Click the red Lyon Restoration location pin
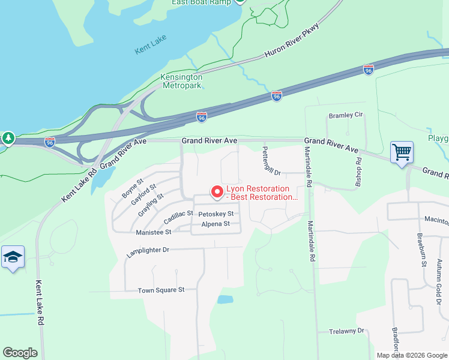tap(217, 192)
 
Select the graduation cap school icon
tap(13, 257)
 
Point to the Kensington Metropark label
tap(181, 81)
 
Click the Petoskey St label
tap(215, 214)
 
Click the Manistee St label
tap(154, 232)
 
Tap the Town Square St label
tap(161, 290)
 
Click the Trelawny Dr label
tap(348, 331)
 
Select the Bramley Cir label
tap(346, 115)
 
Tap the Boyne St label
tap(133, 187)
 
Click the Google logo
tap(20, 353)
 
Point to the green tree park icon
tap(8, 139)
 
